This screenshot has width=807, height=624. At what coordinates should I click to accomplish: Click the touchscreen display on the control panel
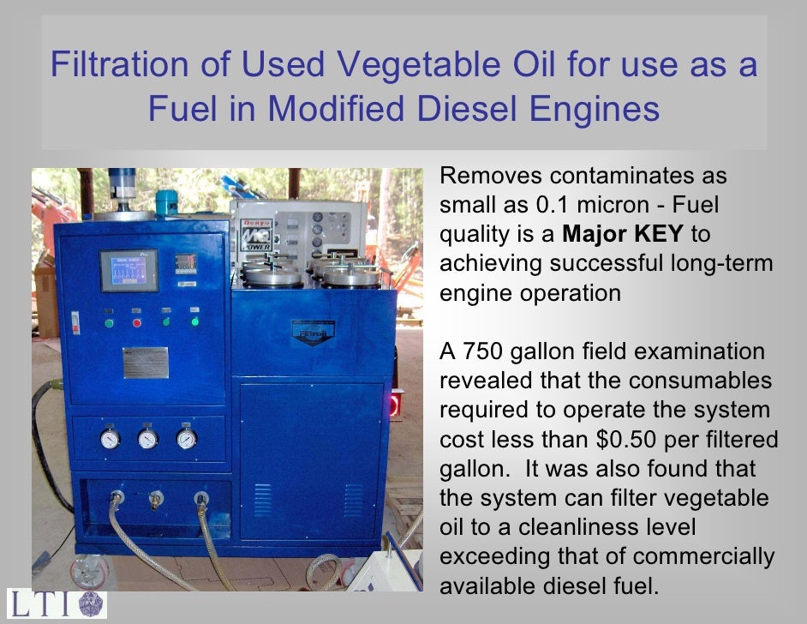(x=129, y=271)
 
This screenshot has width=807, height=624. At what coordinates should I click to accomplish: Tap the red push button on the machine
(x=137, y=322)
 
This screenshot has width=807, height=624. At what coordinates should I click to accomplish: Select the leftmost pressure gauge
(x=110, y=439)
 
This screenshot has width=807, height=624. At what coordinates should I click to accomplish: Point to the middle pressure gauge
(x=148, y=439)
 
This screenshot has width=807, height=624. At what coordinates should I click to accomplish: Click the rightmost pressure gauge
(x=186, y=439)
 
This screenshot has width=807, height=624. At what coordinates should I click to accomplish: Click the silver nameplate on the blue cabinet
(x=145, y=362)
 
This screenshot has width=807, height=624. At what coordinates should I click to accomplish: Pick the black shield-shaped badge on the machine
(x=313, y=332)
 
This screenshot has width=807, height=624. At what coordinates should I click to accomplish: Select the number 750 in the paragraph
(x=490, y=352)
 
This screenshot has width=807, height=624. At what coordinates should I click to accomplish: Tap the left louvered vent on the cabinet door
(x=262, y=500)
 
